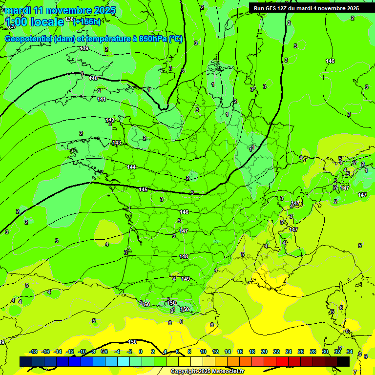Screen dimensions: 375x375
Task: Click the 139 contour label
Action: tap(84, 48)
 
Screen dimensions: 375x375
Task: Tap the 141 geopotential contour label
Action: tap(102, 99)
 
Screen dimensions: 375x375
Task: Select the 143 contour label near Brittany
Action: tap(117, 143)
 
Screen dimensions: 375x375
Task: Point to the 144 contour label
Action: tap(131, 167)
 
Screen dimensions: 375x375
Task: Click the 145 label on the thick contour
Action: tap(143, 189)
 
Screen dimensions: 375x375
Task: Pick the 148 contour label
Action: tap(184, 256)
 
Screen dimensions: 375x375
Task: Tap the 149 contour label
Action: tap(186, 279)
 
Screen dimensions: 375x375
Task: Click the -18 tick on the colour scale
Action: tap(34, 352)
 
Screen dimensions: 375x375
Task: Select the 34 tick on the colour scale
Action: tap(350, 352)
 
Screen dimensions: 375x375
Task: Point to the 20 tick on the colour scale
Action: tap(264, 352)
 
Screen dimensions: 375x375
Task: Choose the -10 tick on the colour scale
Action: tap(82, 352)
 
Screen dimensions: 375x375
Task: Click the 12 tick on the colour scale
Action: tap(215, 352)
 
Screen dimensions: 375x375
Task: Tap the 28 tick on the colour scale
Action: tap(313, 352)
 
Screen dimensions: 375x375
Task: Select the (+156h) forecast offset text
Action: tap(87, 21)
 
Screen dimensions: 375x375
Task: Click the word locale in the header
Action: tap(47, 22)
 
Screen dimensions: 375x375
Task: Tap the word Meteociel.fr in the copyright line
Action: tap(228, 372)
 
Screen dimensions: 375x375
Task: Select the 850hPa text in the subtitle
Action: tap(152, 39)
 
